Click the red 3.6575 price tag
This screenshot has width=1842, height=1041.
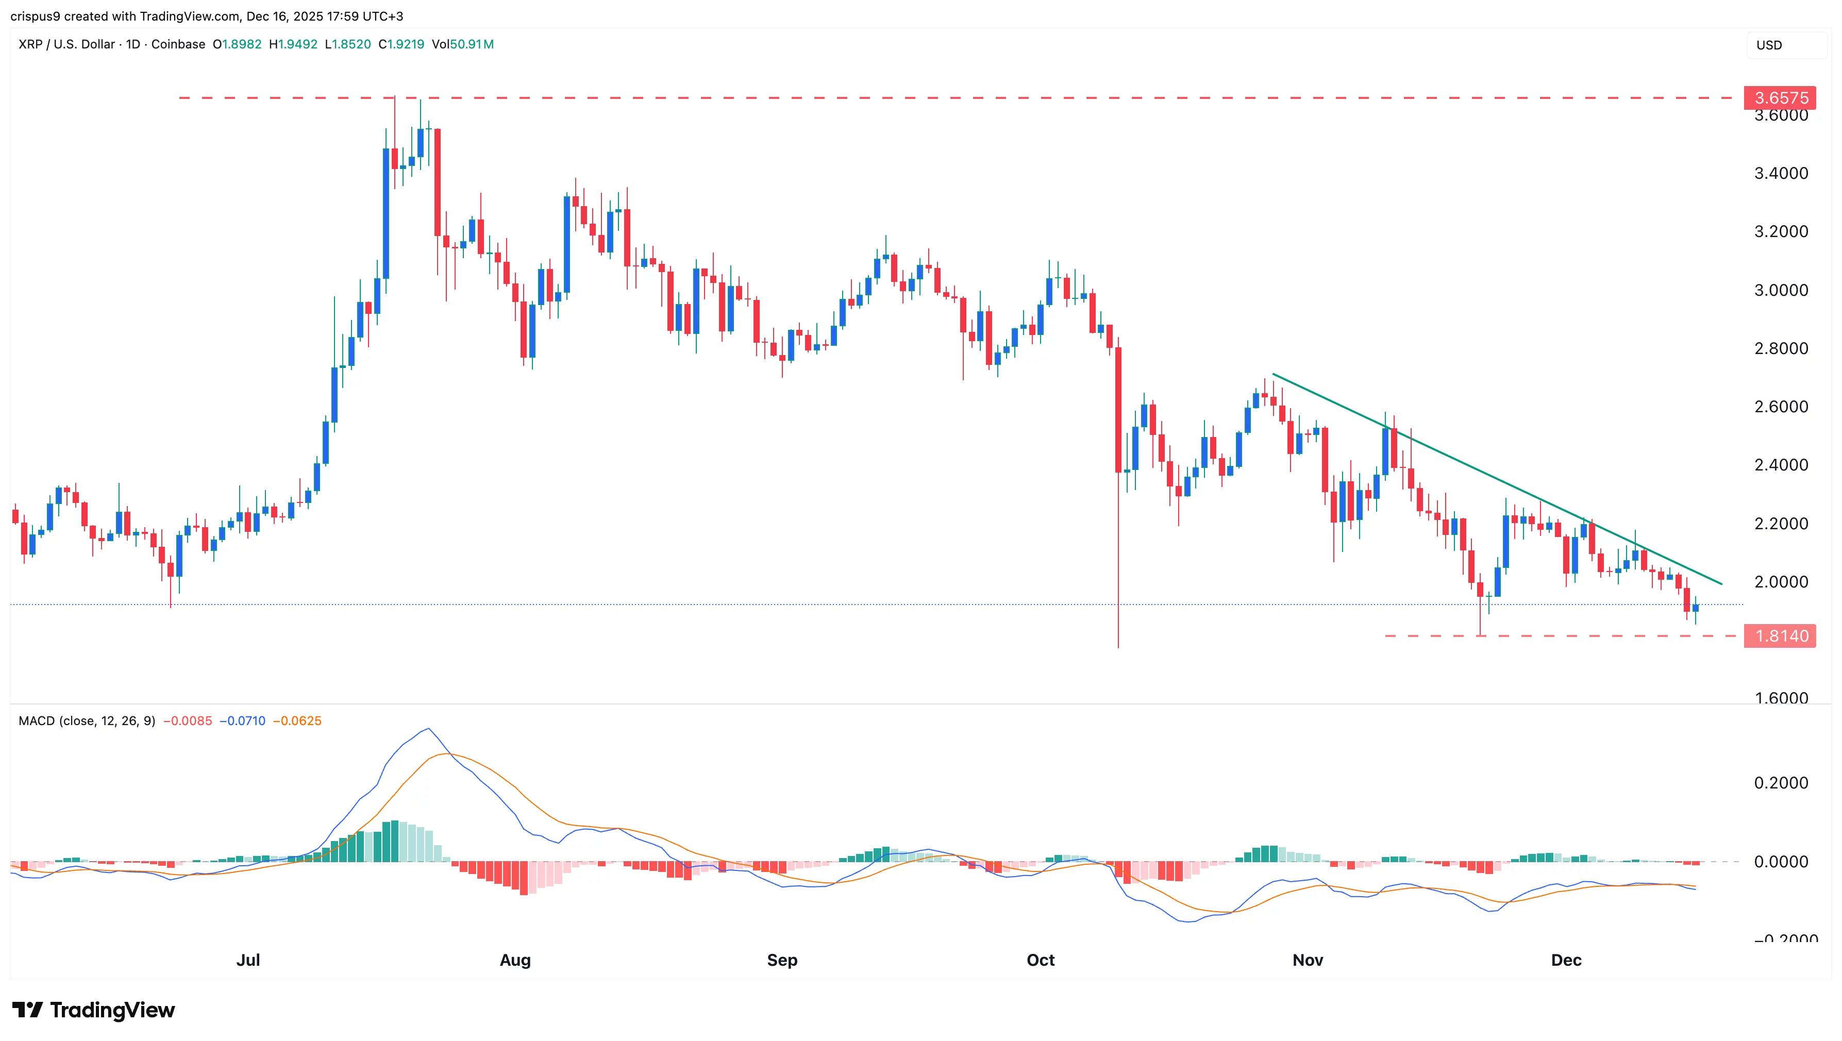(x=1779, y=98)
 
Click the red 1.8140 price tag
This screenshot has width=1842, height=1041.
(x=1779, y=635)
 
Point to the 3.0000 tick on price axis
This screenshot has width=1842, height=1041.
(x=1781, y=290)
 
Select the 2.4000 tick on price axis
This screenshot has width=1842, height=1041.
(x=1781, y=465)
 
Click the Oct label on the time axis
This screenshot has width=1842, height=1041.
(x=1041, y=960)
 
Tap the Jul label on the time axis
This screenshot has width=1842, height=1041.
(x=248, y=960)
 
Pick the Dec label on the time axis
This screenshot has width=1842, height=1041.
(x=1565, y=960)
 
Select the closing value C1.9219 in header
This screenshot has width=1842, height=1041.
(x=401, y=44)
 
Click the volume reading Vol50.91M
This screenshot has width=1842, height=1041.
(x=463, y=44)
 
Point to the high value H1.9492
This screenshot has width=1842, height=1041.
(x=293, y=44)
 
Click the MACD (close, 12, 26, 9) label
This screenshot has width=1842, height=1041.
(x=87, y=720)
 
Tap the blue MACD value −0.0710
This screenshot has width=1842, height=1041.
(x=242, y=720)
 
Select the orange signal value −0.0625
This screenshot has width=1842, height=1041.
(x=297, y=720)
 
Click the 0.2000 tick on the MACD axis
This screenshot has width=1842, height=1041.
(x=1781, y=783)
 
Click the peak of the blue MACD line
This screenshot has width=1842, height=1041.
(x=428, y=729)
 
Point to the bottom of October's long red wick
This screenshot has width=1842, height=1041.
(x=1118, y=647)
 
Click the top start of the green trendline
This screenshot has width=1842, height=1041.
(x=1274, y=375)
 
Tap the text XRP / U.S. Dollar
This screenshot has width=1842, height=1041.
(x=66, y=44)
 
